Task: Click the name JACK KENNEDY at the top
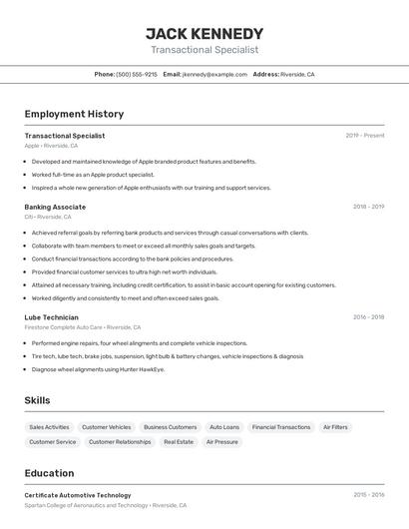[x=204, y=33]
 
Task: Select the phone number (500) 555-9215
[x=137, y=75]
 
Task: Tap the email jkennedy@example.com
[x=214, y=75]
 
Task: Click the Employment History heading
[x=74, y=114]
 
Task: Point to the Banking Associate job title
[x=55, y=207]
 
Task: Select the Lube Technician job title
[x=52, y=317]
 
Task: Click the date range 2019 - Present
[x=365, y=136]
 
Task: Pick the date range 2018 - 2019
[x=368, y=207]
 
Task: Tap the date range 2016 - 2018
[x=368, y=317]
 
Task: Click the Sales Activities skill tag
[x=49, y=427]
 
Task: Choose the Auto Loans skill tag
[x=224, y=427]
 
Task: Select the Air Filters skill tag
[x=335, y=427]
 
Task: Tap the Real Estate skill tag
[x=179, y=441]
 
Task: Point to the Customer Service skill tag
[x=53, y=441]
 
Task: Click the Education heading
[x=49, y=473]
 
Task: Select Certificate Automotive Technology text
[x=78, y=495]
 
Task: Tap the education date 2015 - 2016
[x=368, y=495]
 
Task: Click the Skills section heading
[x=38, y=400]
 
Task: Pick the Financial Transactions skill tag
[x=281, y=427]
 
